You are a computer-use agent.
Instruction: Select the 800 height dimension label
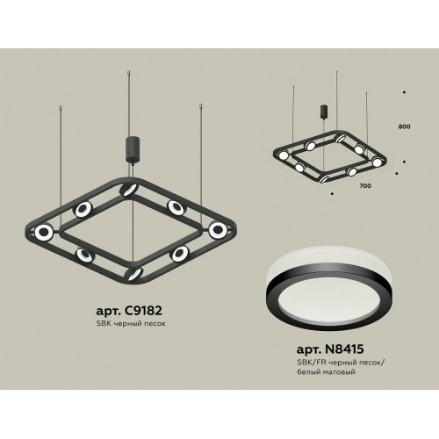404,126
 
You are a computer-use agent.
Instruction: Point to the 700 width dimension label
365,185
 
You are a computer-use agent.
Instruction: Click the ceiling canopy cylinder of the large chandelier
133,149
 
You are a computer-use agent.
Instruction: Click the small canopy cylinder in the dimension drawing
324,111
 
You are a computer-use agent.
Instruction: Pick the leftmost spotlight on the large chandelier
44,232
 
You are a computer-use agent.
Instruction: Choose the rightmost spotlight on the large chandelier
218,229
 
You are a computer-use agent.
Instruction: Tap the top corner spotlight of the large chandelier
127,190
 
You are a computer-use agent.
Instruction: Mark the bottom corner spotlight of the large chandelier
133,274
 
